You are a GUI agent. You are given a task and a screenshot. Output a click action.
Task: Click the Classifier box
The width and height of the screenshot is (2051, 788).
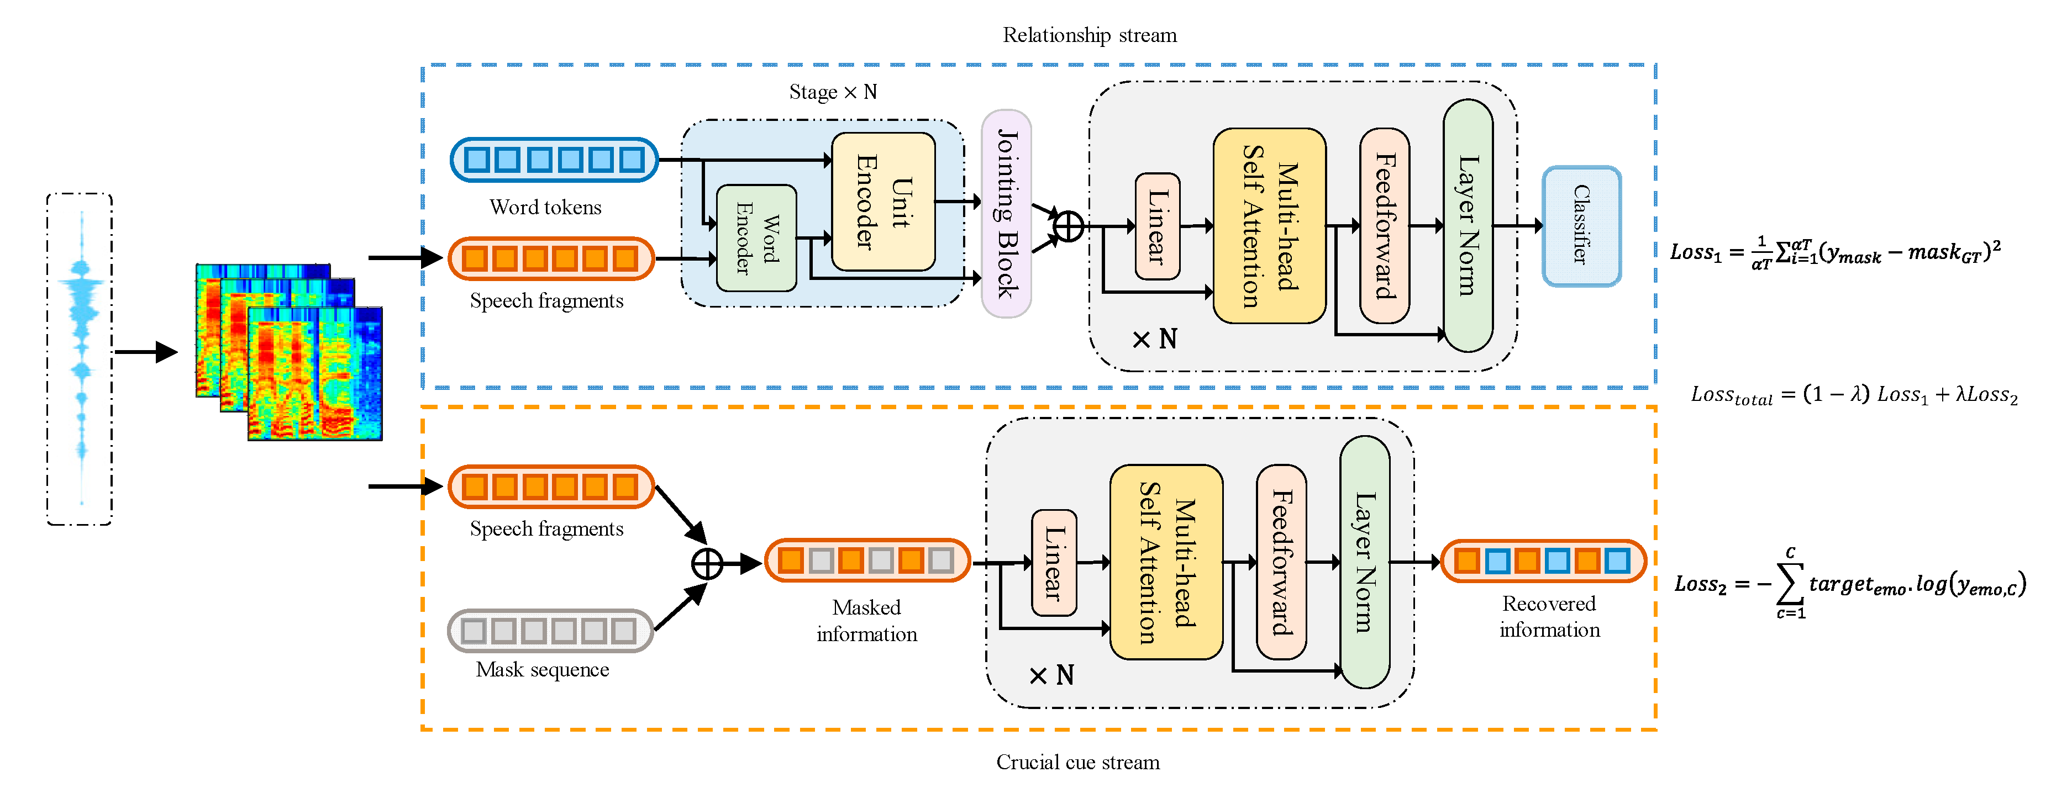tap(1581, 226)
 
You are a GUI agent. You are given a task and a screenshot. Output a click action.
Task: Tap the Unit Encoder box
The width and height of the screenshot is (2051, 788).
tap(883, 202)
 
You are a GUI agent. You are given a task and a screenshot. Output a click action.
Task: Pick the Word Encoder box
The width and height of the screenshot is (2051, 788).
tap(756, 239)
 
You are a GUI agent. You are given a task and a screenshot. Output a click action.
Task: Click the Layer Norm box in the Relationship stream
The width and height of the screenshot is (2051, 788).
tap(1468, 226)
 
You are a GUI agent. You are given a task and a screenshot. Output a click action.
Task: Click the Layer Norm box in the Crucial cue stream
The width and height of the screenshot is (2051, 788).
tap(1365, 562)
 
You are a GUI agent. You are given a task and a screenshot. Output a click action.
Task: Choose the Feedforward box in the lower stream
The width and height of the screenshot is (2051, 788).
tap(1281, 562)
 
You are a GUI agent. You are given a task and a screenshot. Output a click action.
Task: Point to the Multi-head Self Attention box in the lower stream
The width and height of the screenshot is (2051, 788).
tap(1166, 562)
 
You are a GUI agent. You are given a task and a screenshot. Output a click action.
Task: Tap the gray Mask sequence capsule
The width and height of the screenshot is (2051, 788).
tap(550, 631)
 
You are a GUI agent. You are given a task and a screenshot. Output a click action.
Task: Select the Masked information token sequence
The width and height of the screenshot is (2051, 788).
tap(867, 560)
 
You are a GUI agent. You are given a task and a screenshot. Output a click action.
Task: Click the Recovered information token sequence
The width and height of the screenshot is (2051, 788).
tap(1543, 561)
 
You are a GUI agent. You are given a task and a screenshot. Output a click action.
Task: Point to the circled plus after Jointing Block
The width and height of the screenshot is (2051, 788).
tap(1067, 227)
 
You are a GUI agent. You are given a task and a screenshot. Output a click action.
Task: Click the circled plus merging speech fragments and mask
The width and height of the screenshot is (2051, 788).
tap(706, 564)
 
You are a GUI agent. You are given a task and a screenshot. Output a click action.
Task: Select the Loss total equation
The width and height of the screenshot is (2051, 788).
tap(1854, 395)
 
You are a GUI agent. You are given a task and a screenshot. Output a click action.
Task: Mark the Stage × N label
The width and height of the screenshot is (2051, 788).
tap(833, 92)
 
